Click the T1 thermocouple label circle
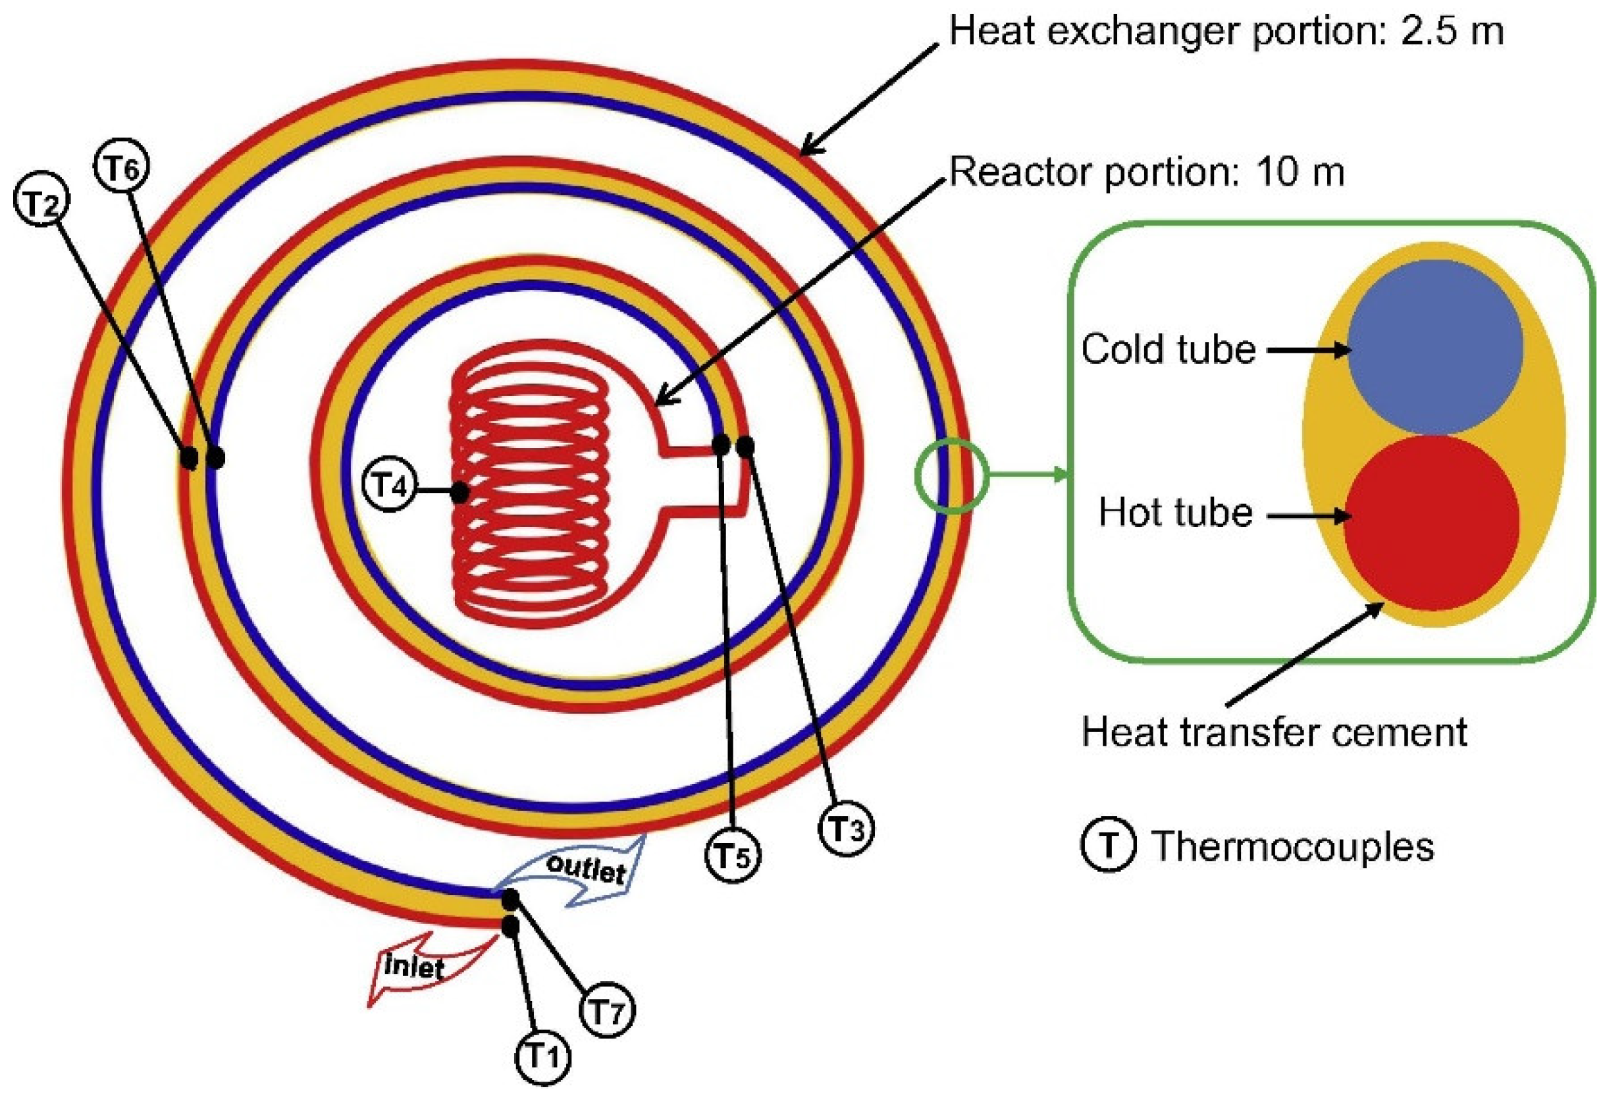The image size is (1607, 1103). (543, 1058)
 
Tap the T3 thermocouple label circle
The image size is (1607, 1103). (847, 829)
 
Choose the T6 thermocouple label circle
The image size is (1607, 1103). (122, 167)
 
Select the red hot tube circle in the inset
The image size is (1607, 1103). (1431, 522)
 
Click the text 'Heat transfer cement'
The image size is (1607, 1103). (1275, 732)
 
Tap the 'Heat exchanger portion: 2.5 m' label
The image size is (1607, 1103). (1226, 31)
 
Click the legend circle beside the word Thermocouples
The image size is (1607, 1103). (1108, 846)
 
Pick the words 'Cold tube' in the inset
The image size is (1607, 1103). (1169, 349)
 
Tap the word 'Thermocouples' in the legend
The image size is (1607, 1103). (1292, 846)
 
